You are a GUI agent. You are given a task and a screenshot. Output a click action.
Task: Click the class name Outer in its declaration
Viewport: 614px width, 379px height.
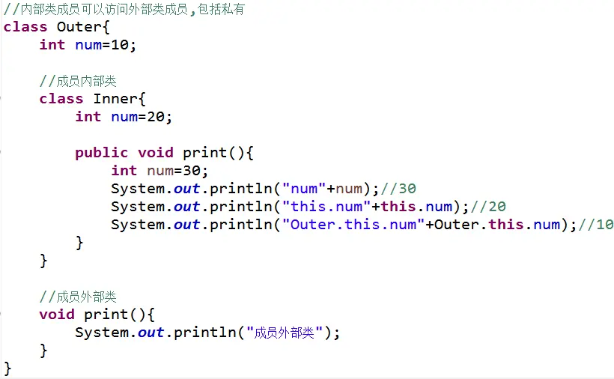click(x=79, y=27)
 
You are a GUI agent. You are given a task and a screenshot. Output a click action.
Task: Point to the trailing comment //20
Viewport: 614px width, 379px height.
click(x=494, y=207)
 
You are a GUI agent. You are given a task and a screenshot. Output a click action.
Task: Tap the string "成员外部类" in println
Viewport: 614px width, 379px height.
click(x=287, y=333)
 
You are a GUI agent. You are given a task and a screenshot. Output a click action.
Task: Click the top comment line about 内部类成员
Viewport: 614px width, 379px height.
click(x=124, y=9)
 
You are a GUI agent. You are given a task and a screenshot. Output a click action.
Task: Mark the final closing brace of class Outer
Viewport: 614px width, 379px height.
click(x=7, y=369)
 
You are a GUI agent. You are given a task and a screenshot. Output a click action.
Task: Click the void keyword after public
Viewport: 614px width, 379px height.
click(x=156, y=153)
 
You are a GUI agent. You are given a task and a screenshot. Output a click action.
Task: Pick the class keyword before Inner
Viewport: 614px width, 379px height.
click(x=61, y=99)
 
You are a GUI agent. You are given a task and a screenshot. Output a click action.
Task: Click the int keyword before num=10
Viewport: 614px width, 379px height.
click(x=52, y=45)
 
